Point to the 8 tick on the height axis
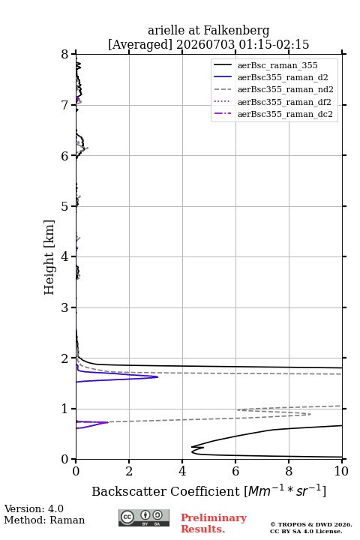click(65, 54)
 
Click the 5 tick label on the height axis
click(65, 206)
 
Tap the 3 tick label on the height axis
click(65, 307)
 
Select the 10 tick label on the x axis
click(341, 471)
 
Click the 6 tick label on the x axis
click(235, 471)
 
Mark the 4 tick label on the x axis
click(182, 471)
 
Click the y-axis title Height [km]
click(49, 257)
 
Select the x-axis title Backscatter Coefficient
click(166, 491)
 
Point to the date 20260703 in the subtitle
click(205, 44)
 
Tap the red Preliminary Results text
click(214, 523)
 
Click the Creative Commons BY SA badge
click(144, 517)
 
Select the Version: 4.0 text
click(34, 508)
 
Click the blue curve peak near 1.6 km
click(157, 376)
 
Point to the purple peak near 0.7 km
click(108, 422)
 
